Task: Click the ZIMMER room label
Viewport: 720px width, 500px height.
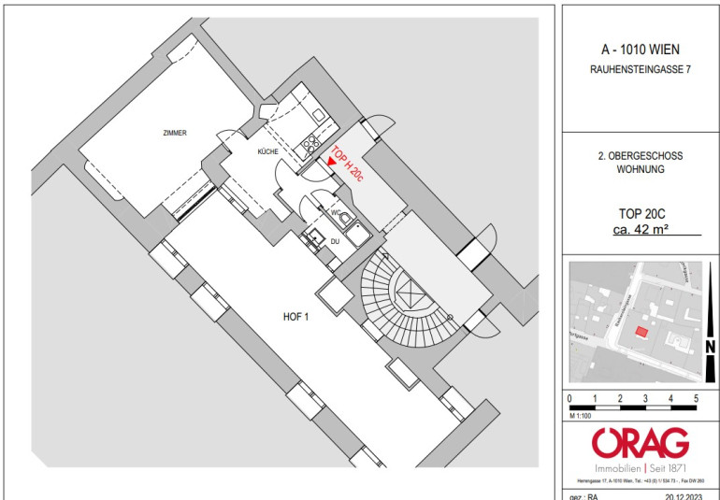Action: [x=173, y=134]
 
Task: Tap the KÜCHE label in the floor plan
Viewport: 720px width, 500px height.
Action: [x=270, y=150]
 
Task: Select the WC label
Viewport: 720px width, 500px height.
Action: [x=335, y=213]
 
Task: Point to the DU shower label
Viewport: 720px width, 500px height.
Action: [x=334, y=241]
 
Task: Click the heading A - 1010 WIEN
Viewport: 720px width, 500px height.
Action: [x=641, y=50]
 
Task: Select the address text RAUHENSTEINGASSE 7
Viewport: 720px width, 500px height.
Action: [x=641, y=69]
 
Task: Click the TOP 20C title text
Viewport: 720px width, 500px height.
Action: [x=641, y=212]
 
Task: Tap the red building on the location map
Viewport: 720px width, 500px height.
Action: [x=641, y=331]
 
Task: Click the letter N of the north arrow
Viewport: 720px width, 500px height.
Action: [x=710, y=347]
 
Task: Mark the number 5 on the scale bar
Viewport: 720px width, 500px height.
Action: [x=696, y=399]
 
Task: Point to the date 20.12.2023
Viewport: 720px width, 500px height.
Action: [x=687, y=495]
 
